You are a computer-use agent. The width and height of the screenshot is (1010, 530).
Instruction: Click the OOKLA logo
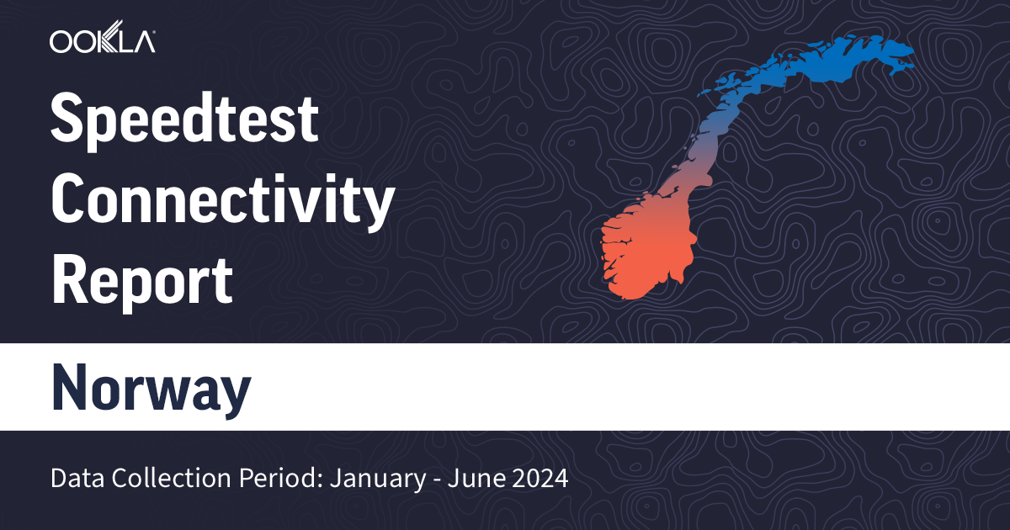tap(102, 41)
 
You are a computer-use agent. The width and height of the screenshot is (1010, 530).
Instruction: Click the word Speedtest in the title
tap(185, 120)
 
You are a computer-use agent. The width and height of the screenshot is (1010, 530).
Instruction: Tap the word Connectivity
tap(223, 199)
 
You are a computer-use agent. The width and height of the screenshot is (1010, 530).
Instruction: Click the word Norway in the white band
tap(151, 388)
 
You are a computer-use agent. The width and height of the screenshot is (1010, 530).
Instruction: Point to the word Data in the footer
tap(73, 480)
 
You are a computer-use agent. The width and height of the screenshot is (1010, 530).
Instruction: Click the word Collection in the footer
tap(162, 480)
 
